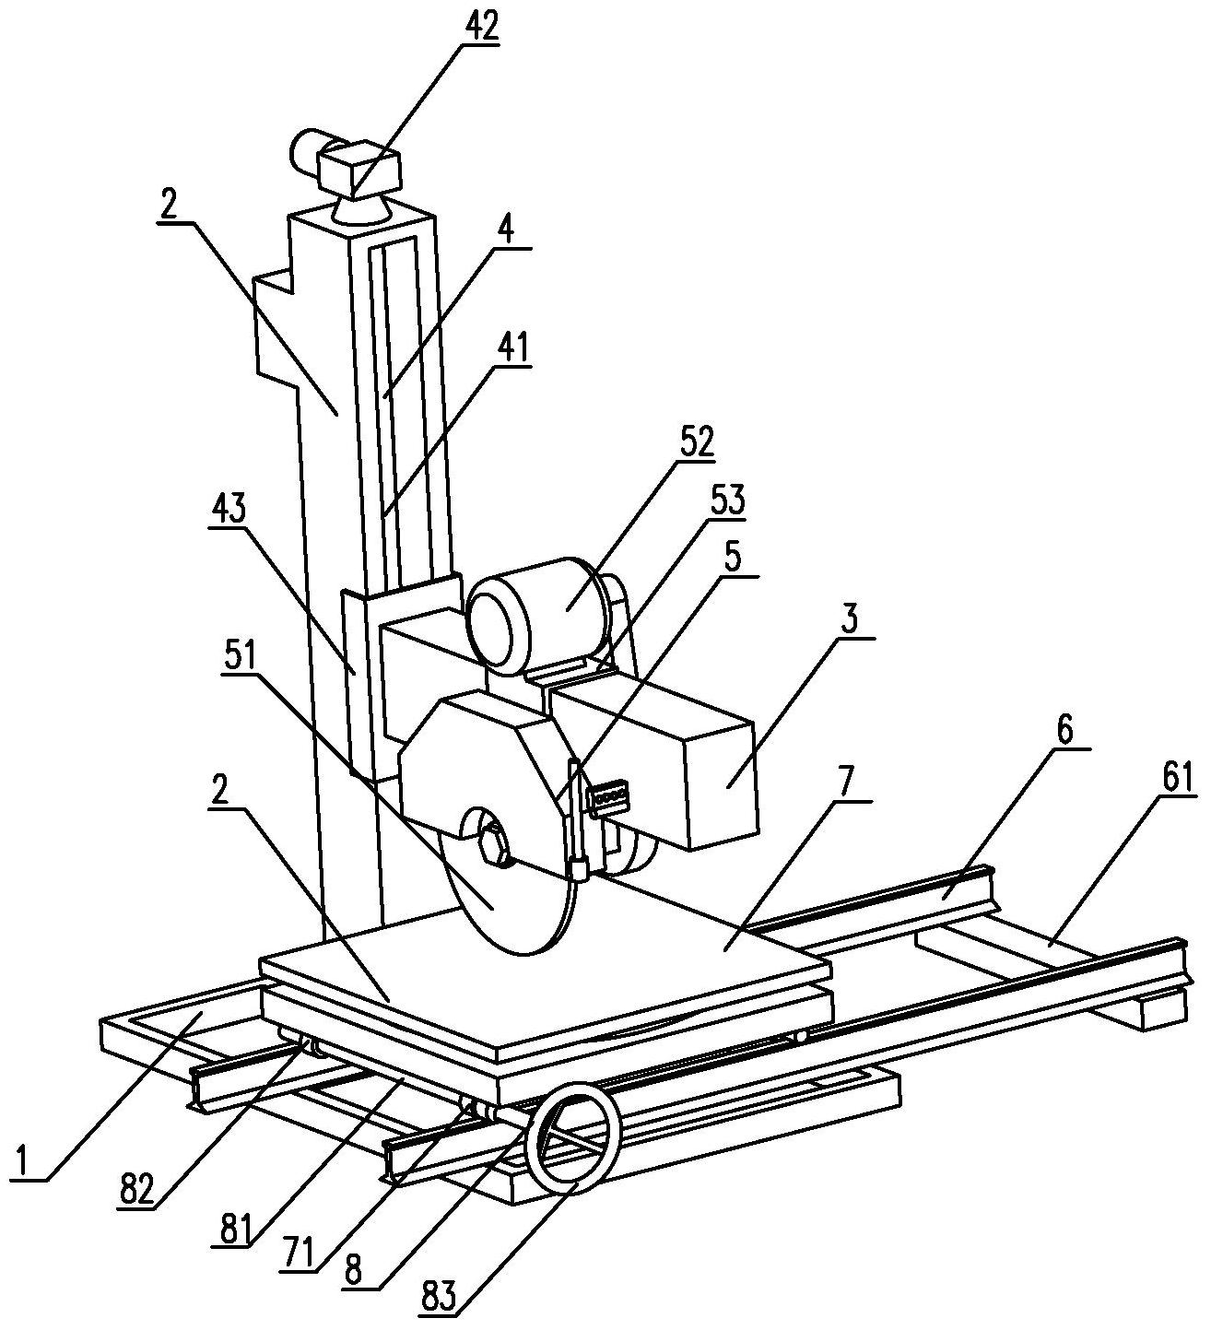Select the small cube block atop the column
click(359, 169)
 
